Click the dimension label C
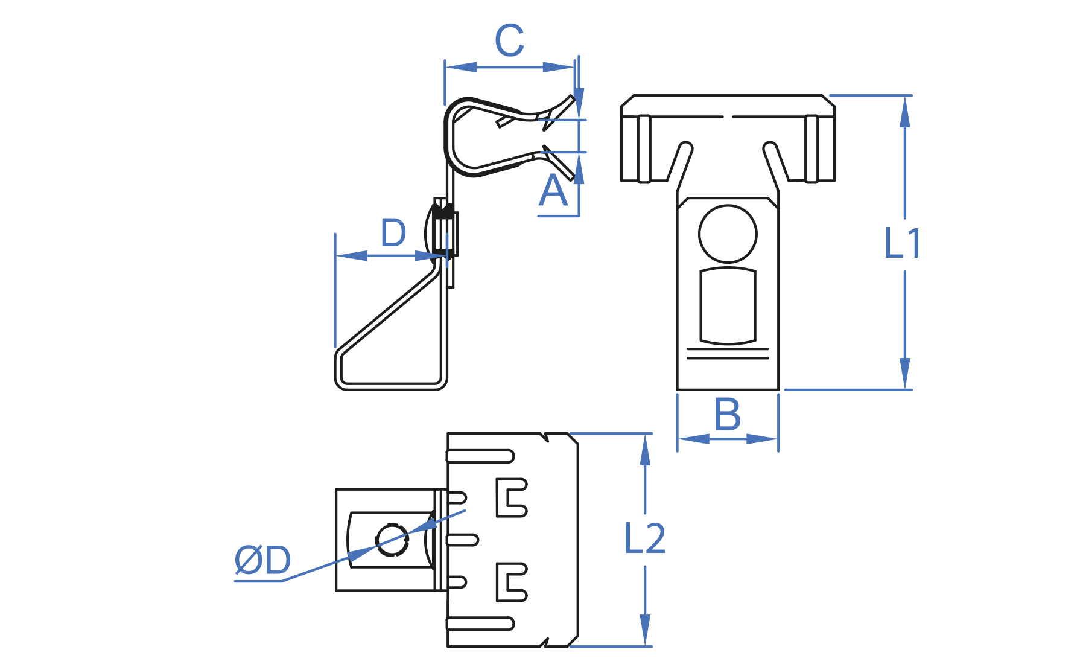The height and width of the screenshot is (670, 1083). (x=509, y=41)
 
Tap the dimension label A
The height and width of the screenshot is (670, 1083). (x=553, y=191)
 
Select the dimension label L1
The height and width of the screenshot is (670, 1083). (x=902, y=244)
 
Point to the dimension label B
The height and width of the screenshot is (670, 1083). (x=727, y=415)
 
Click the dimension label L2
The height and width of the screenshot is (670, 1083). (x=644, y=538)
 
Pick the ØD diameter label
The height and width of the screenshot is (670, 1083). (x=262, y=560)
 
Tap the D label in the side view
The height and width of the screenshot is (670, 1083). (x=393, y=233)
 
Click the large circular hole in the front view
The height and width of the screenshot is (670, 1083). (x=728, y=234)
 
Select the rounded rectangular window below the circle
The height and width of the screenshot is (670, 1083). (x=728, y=306)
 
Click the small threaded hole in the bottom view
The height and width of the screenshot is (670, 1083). (x=392, y=539)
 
